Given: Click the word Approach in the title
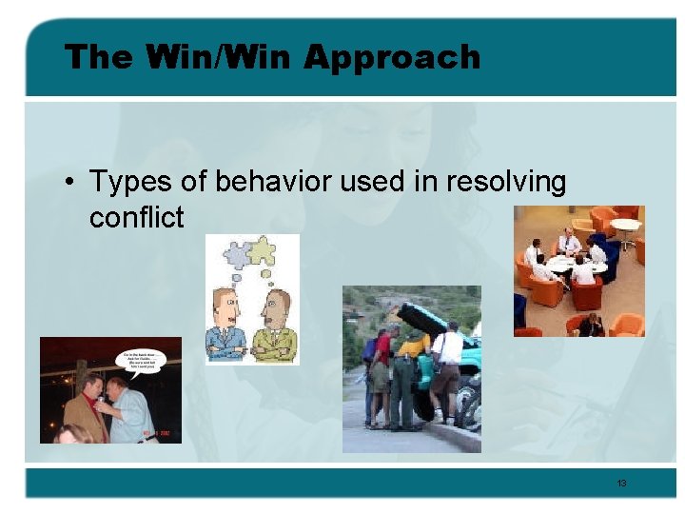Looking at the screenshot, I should (x=392, y=58).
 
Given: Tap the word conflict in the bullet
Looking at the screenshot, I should (x=136, y=218).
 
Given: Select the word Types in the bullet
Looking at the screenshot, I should (x=123, y=181).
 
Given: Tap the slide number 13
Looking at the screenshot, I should (x=621, y=484).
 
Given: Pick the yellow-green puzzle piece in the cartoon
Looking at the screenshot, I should (x=262, y=249).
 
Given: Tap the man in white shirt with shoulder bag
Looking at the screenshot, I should (x=446, y=366).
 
